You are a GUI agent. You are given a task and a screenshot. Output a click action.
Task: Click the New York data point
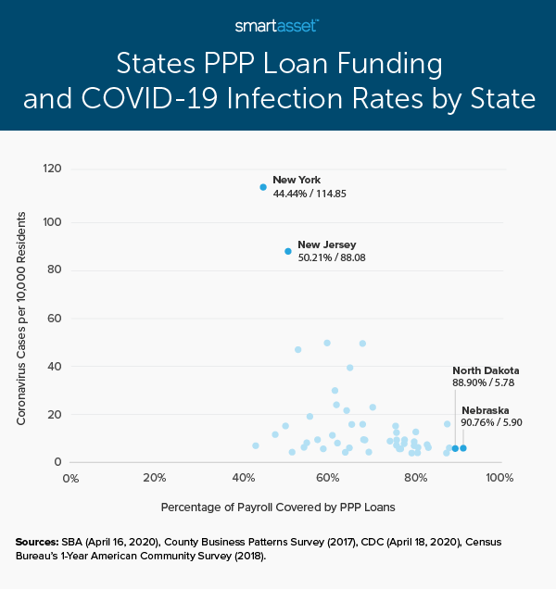click(x=263, y=187)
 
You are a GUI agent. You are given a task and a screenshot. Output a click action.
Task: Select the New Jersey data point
click(x=288, y=251)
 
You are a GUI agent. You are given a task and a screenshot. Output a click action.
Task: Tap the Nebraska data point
click(x=463, y=448)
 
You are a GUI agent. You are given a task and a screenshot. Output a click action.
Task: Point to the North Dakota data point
click(x=455, y=448)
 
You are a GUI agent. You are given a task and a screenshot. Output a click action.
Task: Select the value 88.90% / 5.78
click(x=479, y=382)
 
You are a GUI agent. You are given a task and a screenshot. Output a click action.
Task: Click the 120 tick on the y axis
click(x=53, y=169)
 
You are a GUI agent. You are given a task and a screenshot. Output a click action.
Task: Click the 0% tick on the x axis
click(x=69, y=479)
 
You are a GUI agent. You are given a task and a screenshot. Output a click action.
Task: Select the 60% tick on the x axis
click(x=327, y=479)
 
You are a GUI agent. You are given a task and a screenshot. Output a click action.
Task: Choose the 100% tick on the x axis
click(x=499, y=479)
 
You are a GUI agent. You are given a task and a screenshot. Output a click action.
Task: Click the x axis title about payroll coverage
click(x=284, y=507)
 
